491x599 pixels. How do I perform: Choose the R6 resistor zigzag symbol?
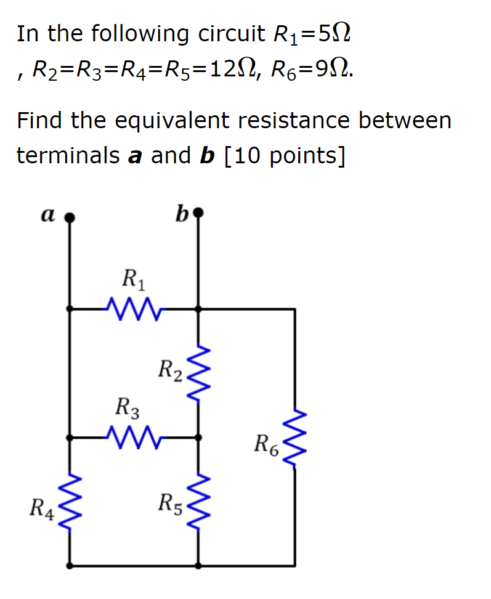coord(294,438)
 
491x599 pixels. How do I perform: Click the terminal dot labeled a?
coord(70,217)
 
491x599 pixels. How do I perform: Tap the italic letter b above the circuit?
coord(181,214)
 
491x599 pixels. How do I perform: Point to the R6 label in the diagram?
coord(267,444)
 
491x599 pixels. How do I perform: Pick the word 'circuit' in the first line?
coord(230,34)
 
